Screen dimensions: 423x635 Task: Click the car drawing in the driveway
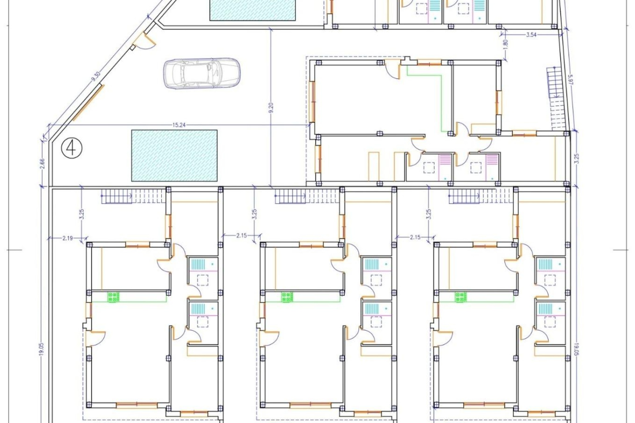click(x=202, y=73)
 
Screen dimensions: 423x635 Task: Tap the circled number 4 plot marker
click(x=71, y=147)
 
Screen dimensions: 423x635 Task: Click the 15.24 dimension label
click(x=179, y=125)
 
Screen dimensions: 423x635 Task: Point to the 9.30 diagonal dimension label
click(x=96, y=76)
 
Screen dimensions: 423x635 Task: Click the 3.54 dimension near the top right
click(x=531, y=35)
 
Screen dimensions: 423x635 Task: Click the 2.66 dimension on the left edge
click(x=42, y=164)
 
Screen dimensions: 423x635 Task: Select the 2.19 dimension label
click(x=67, y=237)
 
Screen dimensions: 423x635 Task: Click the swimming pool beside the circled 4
click(x=174, y=155)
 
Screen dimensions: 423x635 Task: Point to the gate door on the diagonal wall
click(x=145, y=41)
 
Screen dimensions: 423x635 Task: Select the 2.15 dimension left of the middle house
click(x=241, y=236)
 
